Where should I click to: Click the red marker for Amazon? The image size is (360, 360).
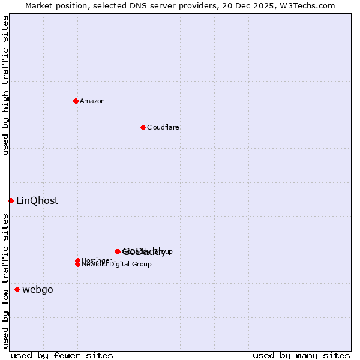(x=76, y=101)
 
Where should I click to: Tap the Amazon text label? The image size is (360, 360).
(x=92, y=101)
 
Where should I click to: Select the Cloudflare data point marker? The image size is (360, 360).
(x=143, y=127)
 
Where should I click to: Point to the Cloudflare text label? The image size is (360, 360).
(x=163, y=128)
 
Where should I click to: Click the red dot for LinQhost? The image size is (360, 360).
(x=11, y=200)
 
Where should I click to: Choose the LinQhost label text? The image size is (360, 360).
(x=37, y=201)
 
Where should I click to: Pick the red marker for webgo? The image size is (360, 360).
(x=17, y=290)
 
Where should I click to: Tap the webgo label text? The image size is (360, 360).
(x=38, y=290)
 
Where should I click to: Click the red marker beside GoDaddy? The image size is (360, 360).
(x=118, y=251)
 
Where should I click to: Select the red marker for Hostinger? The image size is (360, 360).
(x=78, y=260)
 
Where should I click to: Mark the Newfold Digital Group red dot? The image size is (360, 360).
(x=78, y=265)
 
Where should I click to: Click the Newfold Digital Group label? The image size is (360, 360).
(x=116, y=265)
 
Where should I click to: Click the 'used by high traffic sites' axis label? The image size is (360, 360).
(x=6, y=85)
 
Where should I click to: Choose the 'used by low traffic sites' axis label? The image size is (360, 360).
(x=6, y=281)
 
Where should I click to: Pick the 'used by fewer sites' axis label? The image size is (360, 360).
(x=62, y=356)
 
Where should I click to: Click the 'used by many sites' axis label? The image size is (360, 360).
(x=301, y=356)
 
